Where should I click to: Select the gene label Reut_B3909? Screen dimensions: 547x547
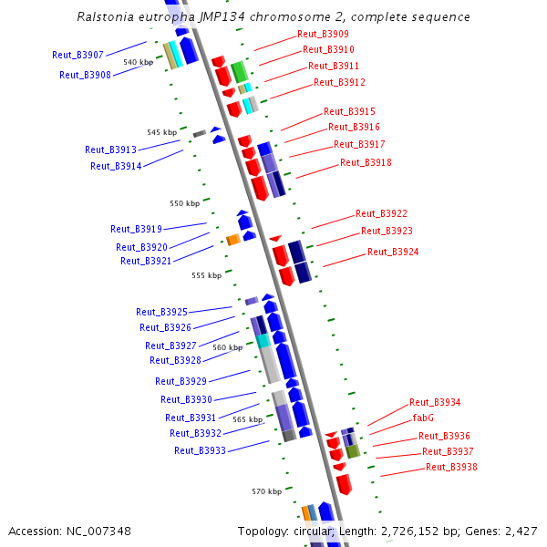323,34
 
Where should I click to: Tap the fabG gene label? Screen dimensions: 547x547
423,418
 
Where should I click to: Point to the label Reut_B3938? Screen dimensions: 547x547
451,467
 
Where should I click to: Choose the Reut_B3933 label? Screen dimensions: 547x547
200,450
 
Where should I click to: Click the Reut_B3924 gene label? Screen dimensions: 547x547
393,252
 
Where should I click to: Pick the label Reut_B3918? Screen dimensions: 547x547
366,162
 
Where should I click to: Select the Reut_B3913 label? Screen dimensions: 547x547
110,150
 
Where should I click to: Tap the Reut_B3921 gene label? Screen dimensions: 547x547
146,261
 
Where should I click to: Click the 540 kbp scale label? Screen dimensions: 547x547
138,62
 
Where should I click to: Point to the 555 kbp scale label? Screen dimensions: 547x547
206,275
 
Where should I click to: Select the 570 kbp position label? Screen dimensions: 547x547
267,491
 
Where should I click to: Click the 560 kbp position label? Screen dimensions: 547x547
227,347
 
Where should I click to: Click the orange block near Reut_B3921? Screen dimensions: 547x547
232,240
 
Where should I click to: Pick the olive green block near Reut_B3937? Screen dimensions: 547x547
353,451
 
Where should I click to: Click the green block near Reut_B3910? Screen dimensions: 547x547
239,72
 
